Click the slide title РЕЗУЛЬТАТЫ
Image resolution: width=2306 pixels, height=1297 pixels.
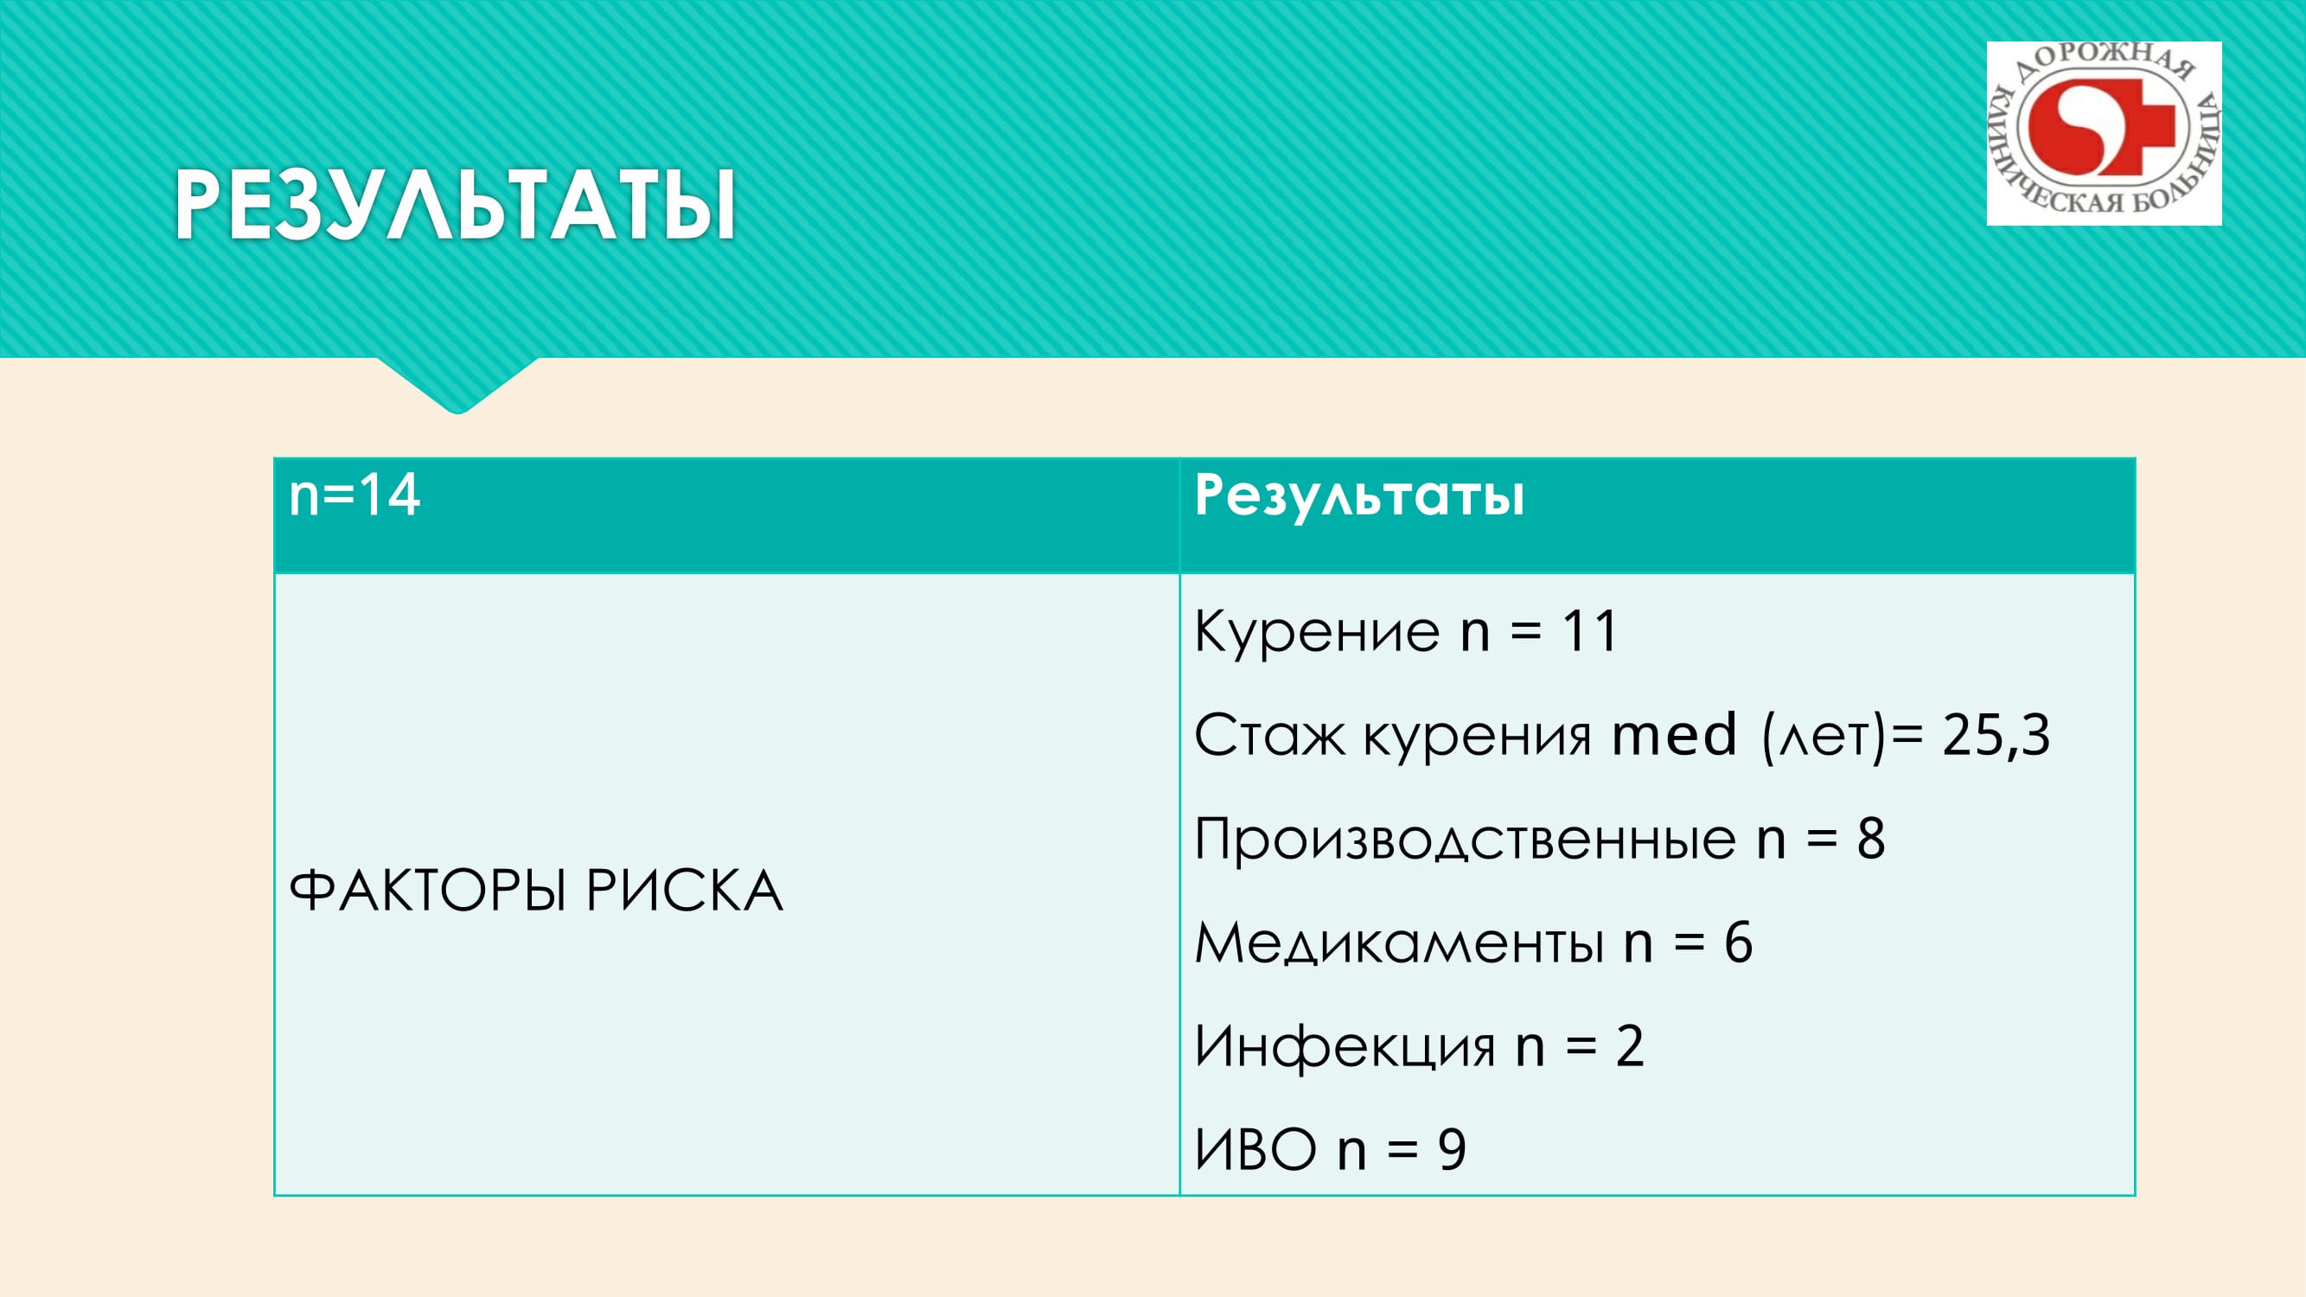click(455, 205)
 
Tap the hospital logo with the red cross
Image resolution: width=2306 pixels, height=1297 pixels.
click(2104, 133)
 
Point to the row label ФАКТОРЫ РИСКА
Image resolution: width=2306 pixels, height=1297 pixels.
click(536, 891)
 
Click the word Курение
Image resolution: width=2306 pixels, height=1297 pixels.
click(1317, 631)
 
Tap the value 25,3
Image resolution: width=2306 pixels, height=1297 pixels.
click(1996, 736)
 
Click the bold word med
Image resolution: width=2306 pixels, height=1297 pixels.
click(1674, 735)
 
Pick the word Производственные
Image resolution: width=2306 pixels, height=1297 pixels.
click(1466, 840)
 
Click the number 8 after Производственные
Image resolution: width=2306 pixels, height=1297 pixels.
click(1871, 839)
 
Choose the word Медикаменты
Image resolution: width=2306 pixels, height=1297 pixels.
click(1399, 943)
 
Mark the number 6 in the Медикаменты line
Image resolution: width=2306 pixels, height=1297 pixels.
click(1739, 942)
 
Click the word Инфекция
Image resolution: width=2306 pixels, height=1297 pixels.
click(1345, 1046)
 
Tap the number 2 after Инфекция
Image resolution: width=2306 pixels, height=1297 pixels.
click(1630, 1046)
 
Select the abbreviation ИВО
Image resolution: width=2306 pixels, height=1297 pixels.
click(1255, 1149)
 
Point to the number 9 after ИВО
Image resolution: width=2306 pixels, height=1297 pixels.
click(1452, 1150)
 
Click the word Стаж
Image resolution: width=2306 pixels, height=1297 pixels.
click(1269, 736)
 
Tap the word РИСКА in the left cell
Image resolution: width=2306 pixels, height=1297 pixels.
click(685, 891)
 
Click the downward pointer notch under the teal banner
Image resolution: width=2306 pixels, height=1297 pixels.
click(457, 386)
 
